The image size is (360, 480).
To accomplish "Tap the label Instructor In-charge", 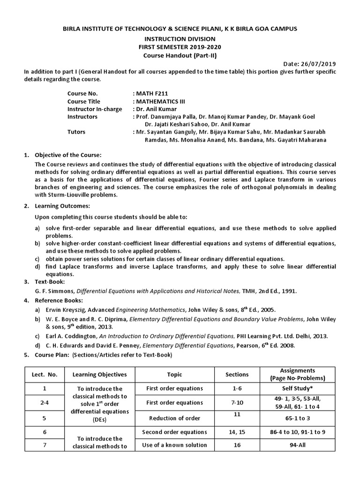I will [x=95, y=109].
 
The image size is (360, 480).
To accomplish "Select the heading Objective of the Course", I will [x=68, y=155].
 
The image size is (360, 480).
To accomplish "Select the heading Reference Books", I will [x=59, y=300].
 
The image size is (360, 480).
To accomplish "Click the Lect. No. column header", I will [x=45, y=375].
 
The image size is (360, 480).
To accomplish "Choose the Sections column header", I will [x=237, y=375].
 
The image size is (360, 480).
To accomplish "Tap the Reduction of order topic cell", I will [x=174, y=418].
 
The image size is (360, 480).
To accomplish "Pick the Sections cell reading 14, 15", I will [x=237, y=432].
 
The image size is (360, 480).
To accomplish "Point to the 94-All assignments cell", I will [x=299, y=445].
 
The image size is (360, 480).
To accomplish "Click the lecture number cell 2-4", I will [x=45, y=403].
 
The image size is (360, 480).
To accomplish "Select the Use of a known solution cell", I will [x=174, y=445].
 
